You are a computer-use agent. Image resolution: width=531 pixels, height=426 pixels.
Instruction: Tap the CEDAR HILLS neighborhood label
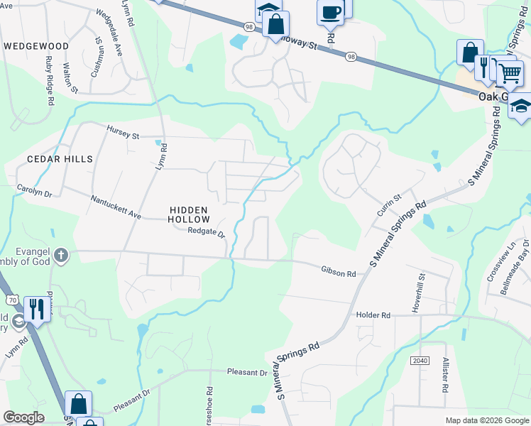tap(60, 159)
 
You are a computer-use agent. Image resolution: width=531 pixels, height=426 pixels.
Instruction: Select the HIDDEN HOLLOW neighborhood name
tap(189, 215)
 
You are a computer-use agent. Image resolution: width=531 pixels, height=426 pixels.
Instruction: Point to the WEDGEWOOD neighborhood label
tap(36, 46)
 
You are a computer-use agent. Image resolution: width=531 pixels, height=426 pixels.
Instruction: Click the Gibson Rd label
tap(338, 271)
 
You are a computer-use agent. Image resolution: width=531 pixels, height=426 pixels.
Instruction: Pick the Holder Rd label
tap(373, 315)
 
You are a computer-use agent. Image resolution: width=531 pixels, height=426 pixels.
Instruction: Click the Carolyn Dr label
tap(35, 190)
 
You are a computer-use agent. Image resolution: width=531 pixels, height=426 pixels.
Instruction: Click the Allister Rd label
tap(445, 376)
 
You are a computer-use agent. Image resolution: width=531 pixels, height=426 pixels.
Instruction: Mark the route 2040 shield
tap(420, 361)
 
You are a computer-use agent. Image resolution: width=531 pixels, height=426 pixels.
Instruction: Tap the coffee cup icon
tap(330, 11)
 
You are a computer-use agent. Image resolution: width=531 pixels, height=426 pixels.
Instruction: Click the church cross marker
tap(61, 255)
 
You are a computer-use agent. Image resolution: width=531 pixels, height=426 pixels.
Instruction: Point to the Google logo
tap(23, 417)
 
